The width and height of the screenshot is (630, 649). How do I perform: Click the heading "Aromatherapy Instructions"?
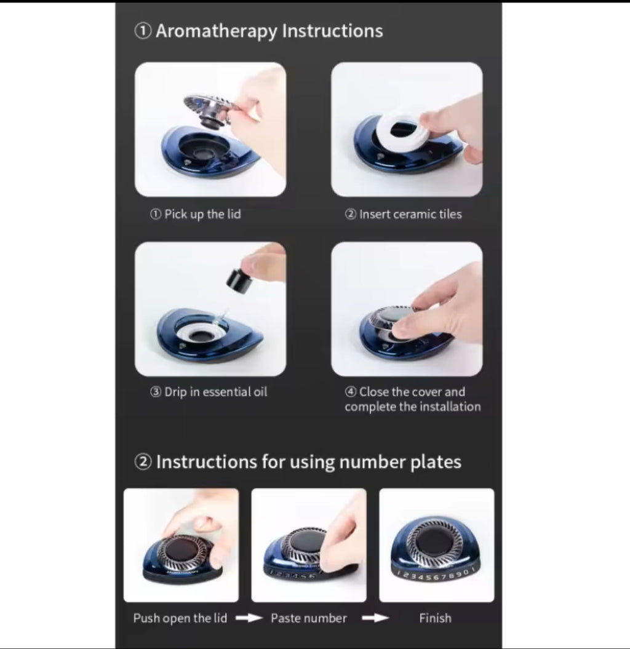269,31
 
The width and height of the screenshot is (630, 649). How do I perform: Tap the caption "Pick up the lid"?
202,215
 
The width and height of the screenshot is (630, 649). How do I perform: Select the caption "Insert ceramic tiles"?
410,215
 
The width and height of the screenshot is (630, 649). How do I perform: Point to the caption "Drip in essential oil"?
216,392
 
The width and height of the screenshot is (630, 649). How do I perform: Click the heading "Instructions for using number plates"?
308,462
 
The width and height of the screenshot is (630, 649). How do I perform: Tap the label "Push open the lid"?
180,618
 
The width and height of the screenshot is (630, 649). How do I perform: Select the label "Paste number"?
309,618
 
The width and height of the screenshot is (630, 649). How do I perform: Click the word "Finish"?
435,618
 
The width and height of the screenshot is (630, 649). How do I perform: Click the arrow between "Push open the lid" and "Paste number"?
249,618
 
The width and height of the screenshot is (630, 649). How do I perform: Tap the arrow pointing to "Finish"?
375,618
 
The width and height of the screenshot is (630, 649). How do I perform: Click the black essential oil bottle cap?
237,281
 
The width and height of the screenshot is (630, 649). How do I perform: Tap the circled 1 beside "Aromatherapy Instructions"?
143,31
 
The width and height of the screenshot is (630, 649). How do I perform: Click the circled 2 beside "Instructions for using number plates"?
143,462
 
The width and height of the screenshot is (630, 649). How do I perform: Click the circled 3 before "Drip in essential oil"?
156,392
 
